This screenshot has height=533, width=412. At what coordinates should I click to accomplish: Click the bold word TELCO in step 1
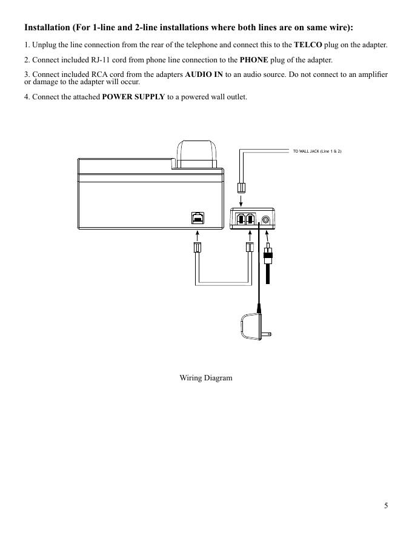click(x=308, y=45)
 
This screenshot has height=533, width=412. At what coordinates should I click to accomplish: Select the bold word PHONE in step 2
click(x=254, y=60)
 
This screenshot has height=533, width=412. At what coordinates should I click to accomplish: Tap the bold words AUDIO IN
click(x=204, y=74)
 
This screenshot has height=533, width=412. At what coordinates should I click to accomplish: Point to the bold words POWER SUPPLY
click(x=133, y=97)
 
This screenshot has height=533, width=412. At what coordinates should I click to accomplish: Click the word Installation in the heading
click(x=47, y=27)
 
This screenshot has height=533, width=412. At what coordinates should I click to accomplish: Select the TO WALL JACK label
click(x=317, y=151)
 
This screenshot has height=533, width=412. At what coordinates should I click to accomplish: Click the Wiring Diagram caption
click(x=206, y=378)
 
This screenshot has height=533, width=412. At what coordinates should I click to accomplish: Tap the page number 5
click(x=386, y=506)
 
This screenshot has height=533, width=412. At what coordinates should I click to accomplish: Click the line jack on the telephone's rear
click(x=198, y=218)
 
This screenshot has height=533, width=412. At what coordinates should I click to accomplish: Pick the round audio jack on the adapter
click(x=266, y=220)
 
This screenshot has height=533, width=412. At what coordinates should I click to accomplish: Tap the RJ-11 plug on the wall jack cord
click(x=241, y=188)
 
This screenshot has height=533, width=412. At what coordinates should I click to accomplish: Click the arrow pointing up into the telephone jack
click(x=197, y=236)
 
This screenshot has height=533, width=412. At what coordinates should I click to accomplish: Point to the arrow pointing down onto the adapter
click(x=241, y=200)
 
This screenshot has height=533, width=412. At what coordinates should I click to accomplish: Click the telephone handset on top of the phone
click(x=197, y=154)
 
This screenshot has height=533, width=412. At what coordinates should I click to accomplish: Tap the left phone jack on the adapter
click(x=241, y=219)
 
